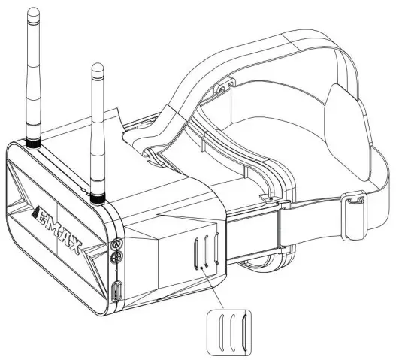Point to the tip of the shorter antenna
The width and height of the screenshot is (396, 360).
(x=95, y=68)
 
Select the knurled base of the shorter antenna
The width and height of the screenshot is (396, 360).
(x=98, y=197)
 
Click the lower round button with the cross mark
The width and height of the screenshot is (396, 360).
(x=116, y=259)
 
